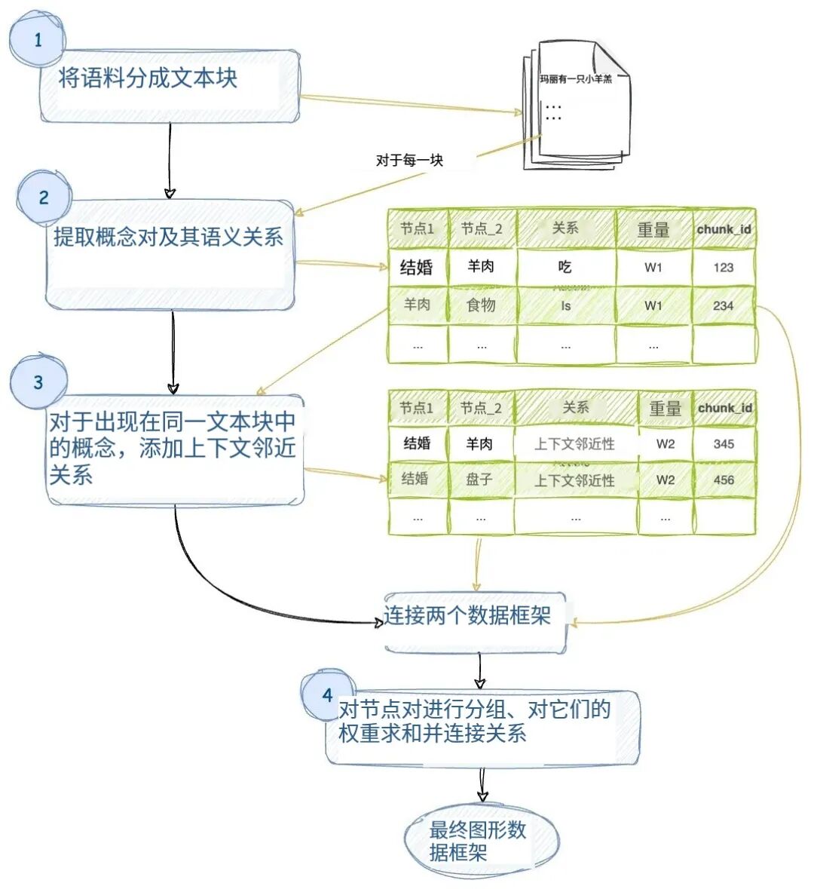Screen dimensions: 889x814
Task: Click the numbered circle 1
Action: pos(37,40)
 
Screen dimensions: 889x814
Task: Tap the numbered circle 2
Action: pos(44,198)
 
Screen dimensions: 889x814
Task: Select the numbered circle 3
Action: pos(38,382)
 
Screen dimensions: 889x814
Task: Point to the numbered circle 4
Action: pos(327,694)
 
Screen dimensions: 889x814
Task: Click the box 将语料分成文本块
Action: pos(170,86)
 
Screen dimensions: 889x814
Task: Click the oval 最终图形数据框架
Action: pos(481,841)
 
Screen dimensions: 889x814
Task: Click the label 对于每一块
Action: pos(409,160)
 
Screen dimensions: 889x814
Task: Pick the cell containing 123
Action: pos(724,267)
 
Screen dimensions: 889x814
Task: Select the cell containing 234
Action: pos(724,305)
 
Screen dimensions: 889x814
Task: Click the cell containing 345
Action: pos(724,444)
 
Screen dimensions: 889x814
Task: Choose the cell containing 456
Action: pos(724,480)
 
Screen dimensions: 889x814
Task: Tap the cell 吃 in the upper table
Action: pos(565,267)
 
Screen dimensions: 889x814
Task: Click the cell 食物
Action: pos(482,305)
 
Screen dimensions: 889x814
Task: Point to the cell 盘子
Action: pos(480,480)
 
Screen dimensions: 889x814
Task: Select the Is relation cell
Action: pos(565,305)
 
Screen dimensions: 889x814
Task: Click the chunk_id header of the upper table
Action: pos(724,229)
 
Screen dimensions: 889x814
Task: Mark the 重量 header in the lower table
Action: pos(665,409)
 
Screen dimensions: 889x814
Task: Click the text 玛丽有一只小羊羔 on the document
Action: pos(576,79)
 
